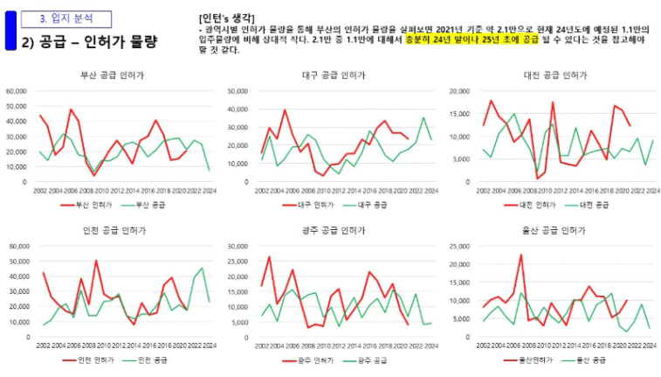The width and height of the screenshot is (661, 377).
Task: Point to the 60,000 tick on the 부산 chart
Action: click(18, 91)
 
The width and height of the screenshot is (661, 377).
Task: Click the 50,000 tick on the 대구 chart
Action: click(239, 91)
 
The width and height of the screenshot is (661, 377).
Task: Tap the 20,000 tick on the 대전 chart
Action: click(459, 91)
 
